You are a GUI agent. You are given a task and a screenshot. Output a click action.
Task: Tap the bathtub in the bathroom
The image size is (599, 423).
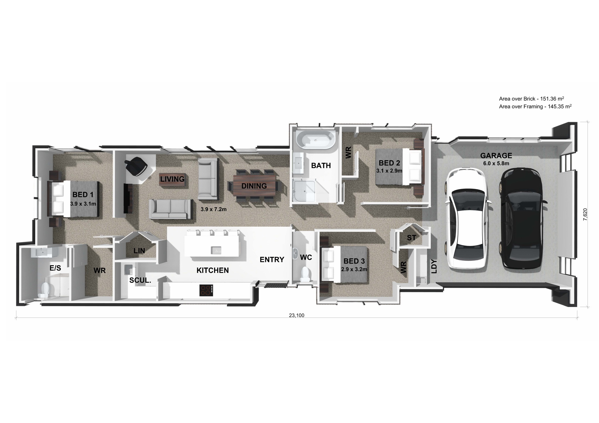pos(316,141)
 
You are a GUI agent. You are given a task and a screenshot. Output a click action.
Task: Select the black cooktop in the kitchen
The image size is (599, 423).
pos(206,290)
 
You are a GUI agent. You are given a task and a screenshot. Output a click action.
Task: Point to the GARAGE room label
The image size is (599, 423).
pos(496,155)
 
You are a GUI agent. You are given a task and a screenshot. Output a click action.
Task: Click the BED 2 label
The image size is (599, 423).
pos(389,163)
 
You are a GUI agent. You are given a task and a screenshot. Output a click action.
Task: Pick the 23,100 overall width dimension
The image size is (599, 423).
pos(297,315)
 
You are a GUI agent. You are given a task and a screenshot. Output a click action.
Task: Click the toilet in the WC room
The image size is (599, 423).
pos(305,274)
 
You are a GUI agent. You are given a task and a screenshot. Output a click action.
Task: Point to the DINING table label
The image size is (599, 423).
pos(254,186)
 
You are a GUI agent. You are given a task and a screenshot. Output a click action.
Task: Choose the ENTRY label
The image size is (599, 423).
pos(272,259)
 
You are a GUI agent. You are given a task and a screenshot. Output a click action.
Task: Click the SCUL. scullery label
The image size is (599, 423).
pos(140,280)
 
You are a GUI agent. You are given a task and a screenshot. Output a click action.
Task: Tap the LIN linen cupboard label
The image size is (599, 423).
pos(139,251)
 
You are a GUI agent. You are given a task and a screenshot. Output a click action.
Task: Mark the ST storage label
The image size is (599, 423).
pos(412,238)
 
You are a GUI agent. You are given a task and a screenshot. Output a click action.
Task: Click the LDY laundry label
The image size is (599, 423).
pos(434,266)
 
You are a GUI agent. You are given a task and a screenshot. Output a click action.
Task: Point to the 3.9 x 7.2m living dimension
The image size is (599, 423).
pos(214,209)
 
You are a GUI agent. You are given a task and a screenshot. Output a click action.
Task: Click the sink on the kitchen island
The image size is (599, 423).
pos(217,250)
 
